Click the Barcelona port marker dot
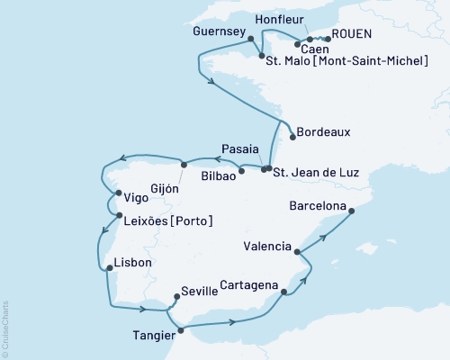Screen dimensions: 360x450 (352, 212)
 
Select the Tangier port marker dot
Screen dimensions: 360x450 (180, 330)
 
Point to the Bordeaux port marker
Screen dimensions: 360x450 (292, 137)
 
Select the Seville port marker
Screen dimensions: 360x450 (175, 293)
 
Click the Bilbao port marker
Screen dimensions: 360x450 (241, 169)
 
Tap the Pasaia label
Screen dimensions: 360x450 (240, 148)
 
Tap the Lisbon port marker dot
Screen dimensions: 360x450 (107, 268)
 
